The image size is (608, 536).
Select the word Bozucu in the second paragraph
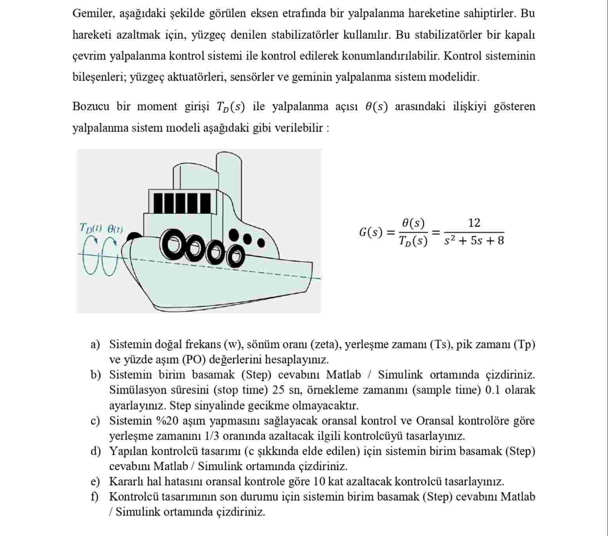click(x=90, y=107)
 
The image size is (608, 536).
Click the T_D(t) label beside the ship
click(x=90, y=228)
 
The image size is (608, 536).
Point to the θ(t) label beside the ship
click(x=115, y=229)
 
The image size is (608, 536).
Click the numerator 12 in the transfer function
click(x=474, y=223)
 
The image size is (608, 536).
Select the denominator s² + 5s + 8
click(x=474, y=241)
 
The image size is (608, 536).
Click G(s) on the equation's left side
click(x=370, y=232)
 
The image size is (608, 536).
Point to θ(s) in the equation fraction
click(x=413, y=223)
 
